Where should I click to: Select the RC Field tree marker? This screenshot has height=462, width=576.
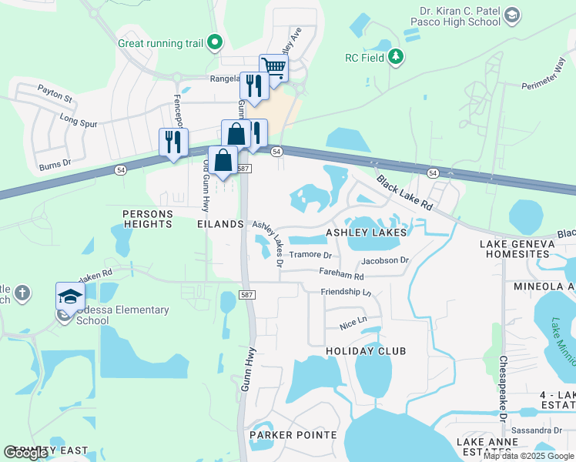coord(396,56)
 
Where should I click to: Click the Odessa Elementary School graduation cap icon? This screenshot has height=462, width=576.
coord(69,296)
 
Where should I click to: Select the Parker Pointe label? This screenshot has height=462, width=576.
coord(293,435)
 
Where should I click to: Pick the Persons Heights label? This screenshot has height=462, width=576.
coord(147,218)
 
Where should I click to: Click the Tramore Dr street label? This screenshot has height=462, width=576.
coord(310,255)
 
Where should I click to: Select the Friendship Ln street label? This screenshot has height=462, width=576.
coord(346,292)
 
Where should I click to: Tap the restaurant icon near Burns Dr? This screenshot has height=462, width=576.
coord(173,141)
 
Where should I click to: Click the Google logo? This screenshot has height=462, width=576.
coord(26,453)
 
